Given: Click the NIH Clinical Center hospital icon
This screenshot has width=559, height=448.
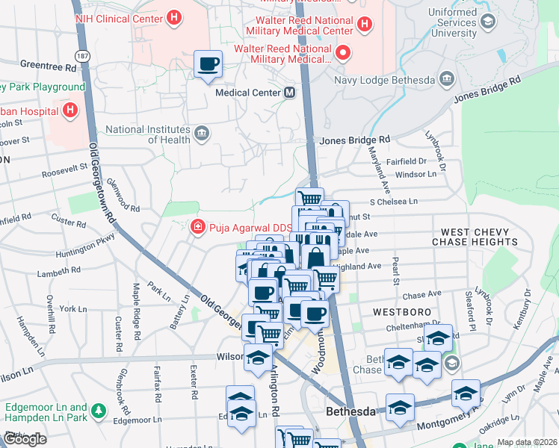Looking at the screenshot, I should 173,16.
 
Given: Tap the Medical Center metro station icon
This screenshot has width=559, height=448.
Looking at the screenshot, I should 289,93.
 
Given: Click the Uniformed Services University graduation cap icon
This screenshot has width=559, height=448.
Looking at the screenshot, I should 488,22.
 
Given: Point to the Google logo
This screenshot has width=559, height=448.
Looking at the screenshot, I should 24,439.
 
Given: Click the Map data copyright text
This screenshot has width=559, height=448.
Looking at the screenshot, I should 526,442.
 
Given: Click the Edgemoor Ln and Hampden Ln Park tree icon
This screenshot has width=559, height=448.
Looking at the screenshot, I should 98,409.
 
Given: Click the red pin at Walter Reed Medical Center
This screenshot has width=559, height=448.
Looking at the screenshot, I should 343,52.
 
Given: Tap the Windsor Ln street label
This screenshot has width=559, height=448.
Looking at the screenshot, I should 415,174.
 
